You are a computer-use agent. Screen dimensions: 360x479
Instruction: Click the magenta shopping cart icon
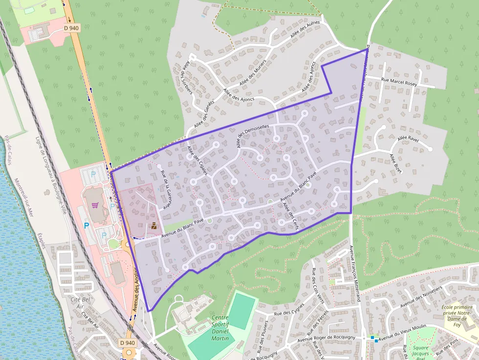tap(94, 205)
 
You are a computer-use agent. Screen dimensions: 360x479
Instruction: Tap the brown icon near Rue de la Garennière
tap(153, 226)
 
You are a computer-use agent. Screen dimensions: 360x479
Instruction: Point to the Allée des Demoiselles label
tap(253, 136)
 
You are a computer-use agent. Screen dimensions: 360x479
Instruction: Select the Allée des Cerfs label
tap(291, 213)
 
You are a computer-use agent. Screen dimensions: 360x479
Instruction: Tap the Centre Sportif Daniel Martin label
tap(220, 328)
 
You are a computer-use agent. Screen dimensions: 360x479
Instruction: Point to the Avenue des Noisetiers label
tap(421, 296)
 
